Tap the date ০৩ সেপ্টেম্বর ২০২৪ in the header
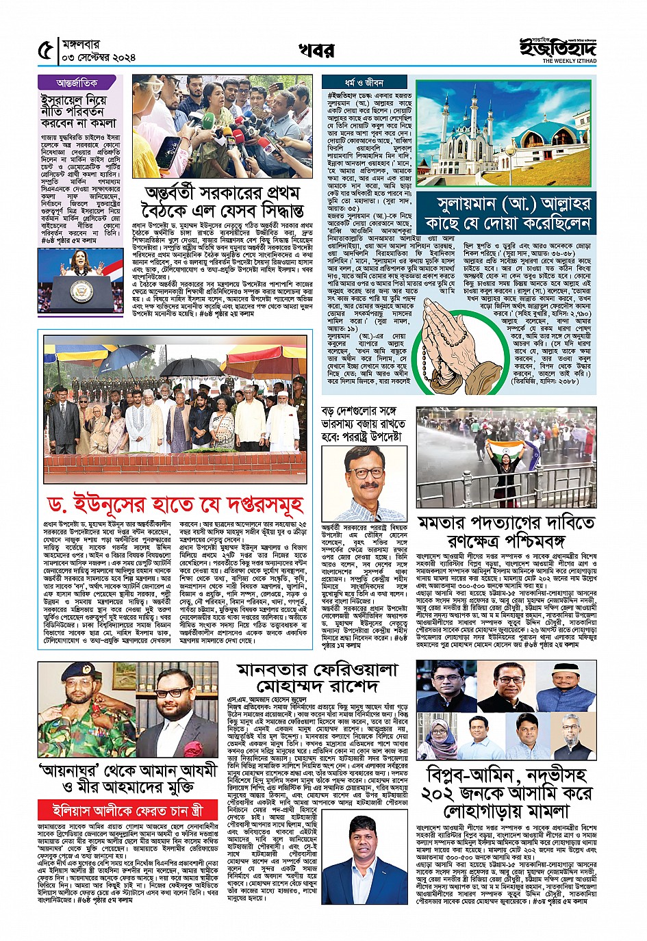pos(99,57)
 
